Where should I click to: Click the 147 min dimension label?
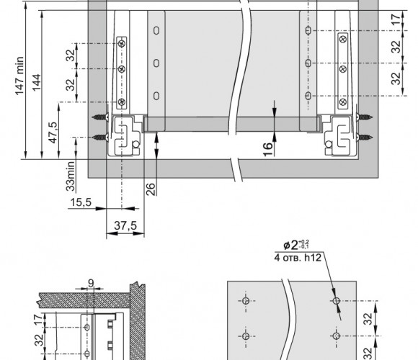click(19, 76)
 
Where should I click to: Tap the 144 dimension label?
click(37, 83)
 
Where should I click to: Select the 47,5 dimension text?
click(53, 132)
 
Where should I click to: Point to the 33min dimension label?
click(71, 176)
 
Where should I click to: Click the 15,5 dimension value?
click(81, 202)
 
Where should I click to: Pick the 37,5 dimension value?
click(125, 225)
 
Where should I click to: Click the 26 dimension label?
click(151, 189)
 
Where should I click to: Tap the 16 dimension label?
click(268, 149)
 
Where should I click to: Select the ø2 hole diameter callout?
click(296, 245)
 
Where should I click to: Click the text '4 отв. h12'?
click(298, 258)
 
